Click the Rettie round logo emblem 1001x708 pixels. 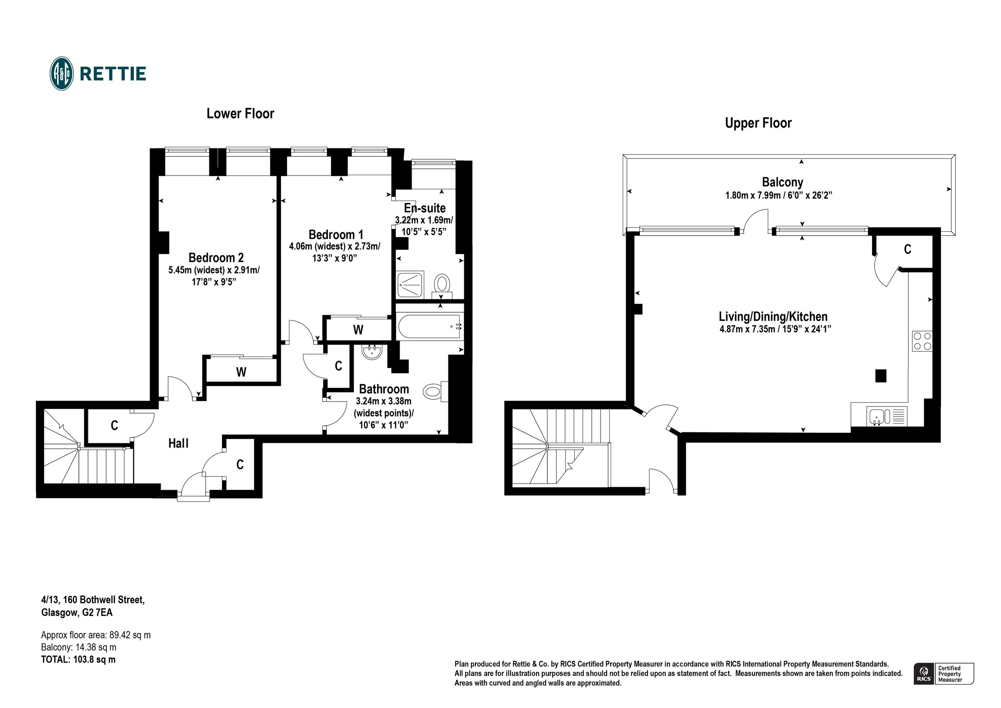tap(61, 73)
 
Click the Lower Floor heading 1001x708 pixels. tap(240, 114)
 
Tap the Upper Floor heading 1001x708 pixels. tap(758, 123)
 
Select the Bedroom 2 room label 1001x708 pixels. tap(216, 257)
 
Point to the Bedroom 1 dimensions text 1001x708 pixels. tap(335, 252)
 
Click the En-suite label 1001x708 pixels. tap(425, 208)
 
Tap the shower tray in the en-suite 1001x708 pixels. tap(410, 285)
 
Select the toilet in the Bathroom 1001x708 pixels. tap(435, 392)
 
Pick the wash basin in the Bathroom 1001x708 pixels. tap(372, 351)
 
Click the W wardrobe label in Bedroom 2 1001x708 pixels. tap(241, 372)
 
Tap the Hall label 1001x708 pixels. tap(179, 443)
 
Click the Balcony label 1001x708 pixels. tap(782, 182)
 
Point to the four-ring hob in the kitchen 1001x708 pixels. tap(922, 341)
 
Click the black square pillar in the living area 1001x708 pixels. tap(880, 375)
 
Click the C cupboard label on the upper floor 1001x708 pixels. tap(907, 249)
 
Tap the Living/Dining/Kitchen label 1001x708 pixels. tap(773, 316)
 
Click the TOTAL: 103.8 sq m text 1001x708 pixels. tap(78, 659)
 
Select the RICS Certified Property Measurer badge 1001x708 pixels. tap(943, 674)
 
